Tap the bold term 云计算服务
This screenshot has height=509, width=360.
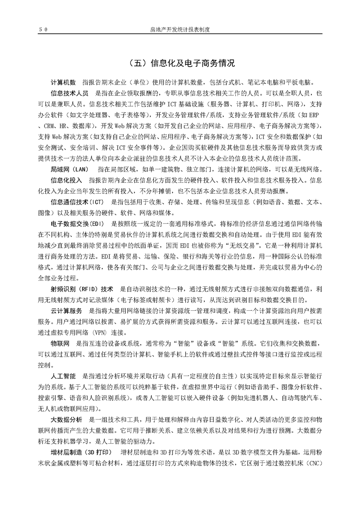point(66,311)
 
